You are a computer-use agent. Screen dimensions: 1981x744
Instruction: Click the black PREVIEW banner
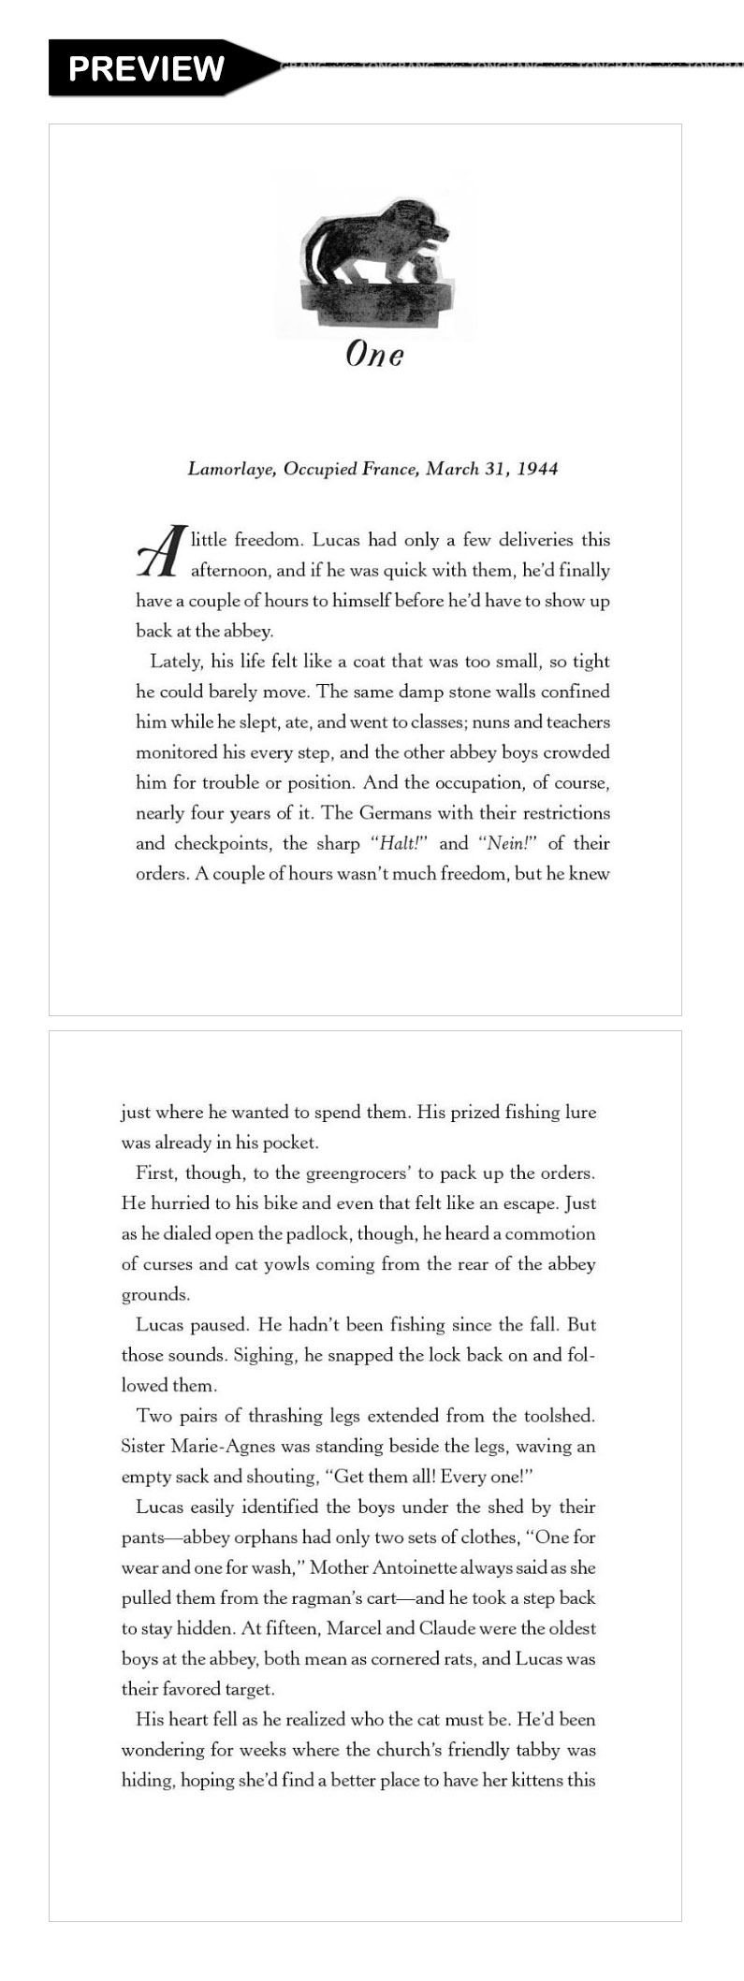tap(146, 67)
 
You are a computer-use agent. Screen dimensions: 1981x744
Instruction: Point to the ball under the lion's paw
tap(425, 269)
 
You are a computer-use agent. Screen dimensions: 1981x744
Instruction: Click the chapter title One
tap(374, 355)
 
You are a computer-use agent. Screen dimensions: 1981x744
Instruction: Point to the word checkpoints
tap(222, 844)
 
